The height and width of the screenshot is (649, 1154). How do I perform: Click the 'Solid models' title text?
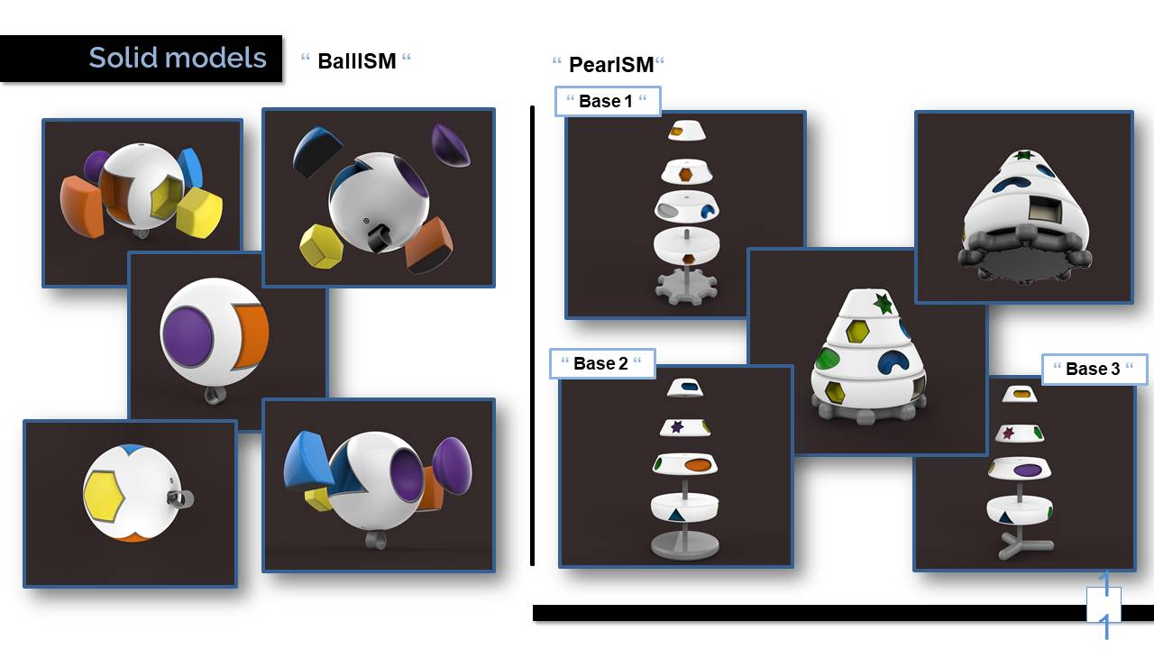(178, 59)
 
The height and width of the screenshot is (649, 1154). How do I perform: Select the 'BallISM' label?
(356, 61)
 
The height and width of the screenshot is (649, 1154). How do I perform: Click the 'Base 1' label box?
(607, 101)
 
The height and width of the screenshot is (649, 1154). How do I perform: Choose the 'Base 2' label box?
(601, 363)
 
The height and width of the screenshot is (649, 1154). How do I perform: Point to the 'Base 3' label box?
(1094, 369)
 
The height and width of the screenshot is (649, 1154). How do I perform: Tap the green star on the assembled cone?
(883, 303)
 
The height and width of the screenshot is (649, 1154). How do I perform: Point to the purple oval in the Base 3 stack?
(1027, 470)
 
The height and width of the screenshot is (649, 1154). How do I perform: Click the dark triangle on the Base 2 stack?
(675, 516)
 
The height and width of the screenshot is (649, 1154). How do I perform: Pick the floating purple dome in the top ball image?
(451, 145)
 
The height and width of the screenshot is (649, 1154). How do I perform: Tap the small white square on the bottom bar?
(1104, 604)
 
